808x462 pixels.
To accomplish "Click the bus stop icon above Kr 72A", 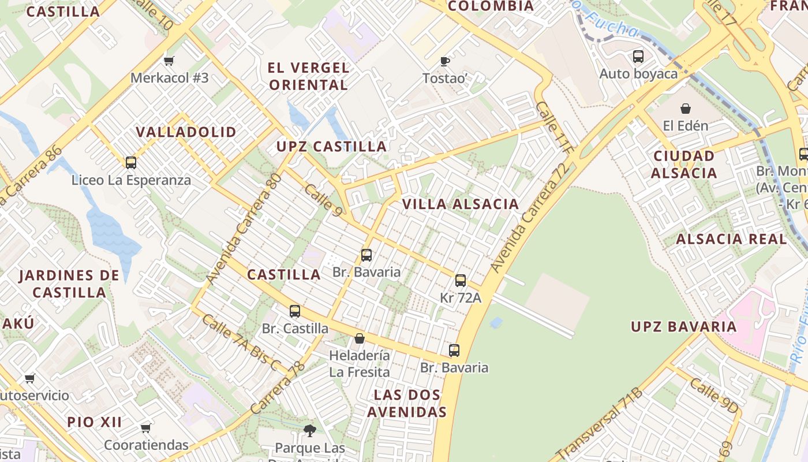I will pos(460,281).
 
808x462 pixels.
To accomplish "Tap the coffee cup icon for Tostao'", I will pos(444,61).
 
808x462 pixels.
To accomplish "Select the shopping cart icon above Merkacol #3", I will pos(169,61).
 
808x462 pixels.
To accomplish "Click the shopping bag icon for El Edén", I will pos(685,109).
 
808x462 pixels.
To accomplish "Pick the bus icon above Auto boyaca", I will pos(638,57).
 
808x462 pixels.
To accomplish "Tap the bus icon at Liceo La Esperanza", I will pos(131,163).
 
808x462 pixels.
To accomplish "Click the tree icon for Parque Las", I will pos(310,430).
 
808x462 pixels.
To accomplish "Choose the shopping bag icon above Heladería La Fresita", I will pos(360,338).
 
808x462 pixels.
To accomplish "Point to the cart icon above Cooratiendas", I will pos(146,428).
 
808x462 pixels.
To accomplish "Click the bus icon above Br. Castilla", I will pos(295,311).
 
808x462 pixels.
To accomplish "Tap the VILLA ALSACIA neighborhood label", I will pos(461,204).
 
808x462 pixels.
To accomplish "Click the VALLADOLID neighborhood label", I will pos(186,132).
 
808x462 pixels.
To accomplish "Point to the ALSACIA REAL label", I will pos(731,239).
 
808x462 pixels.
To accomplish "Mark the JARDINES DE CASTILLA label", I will pos(69,284).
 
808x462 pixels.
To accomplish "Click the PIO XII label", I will pos(95,422).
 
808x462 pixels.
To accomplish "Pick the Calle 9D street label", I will pos(713,396).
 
